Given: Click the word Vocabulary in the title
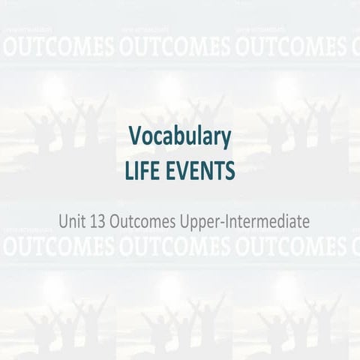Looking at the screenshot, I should click(179, 138).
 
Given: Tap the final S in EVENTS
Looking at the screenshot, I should click(229, 171).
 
